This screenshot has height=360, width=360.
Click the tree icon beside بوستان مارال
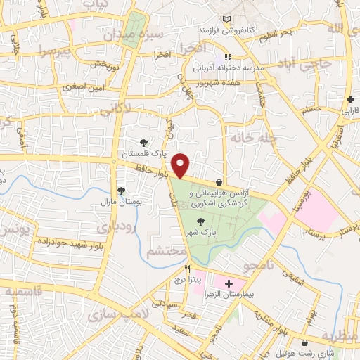point(120,191)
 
